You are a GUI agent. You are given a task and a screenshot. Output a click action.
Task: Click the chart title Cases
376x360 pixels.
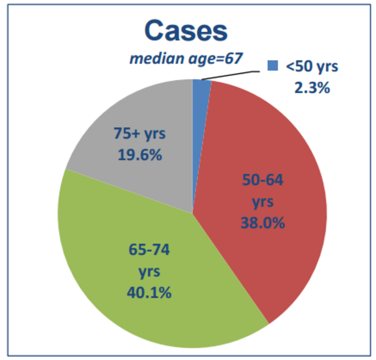click(186, 30)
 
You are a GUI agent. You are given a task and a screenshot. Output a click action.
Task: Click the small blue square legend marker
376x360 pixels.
click(272, 67)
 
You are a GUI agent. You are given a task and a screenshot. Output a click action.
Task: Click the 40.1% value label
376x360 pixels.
click(149, 292)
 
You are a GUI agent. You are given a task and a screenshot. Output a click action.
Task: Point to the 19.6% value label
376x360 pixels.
click(139, 155)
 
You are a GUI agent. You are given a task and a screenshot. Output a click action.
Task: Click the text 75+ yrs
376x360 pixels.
click(139, 134)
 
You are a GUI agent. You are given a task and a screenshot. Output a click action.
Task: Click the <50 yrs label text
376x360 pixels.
click(311, 67)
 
